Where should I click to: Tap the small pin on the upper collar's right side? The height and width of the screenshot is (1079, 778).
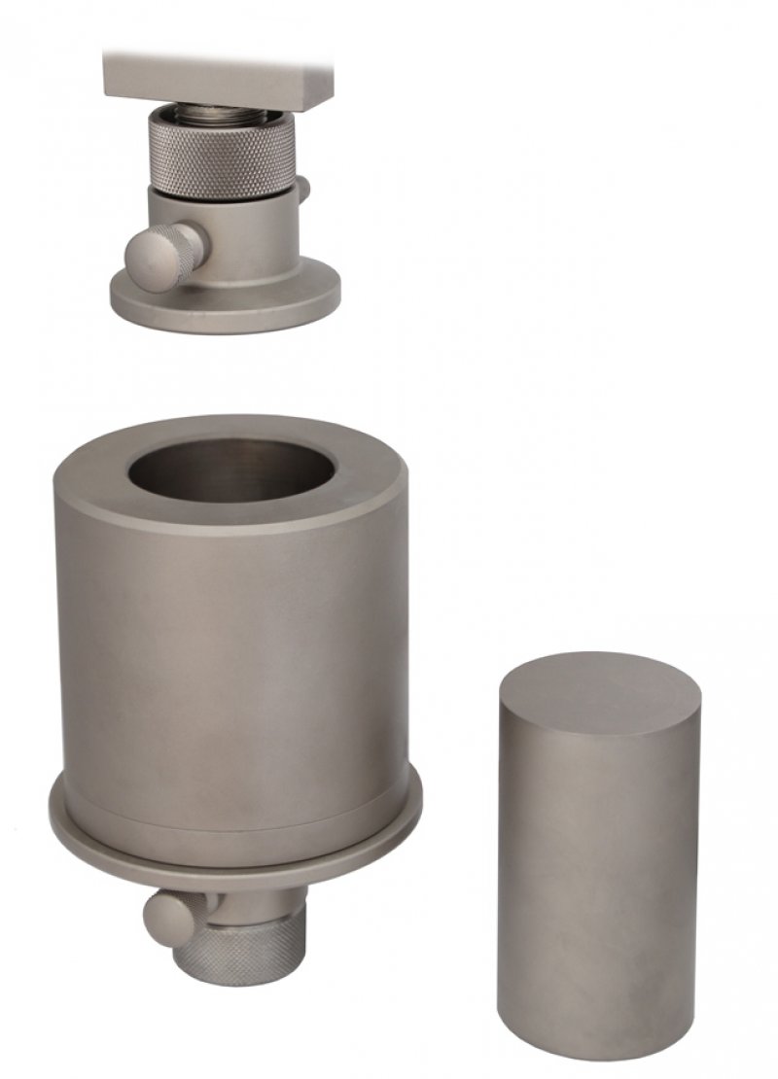coord(304,189)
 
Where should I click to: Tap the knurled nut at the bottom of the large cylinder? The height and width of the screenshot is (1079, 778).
coord(243,948)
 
